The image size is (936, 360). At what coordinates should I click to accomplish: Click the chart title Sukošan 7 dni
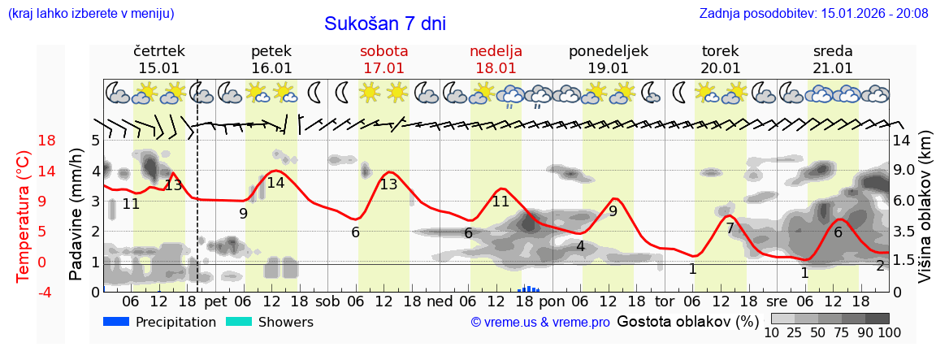coord(384,24)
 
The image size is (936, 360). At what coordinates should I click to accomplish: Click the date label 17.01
coord(383,68)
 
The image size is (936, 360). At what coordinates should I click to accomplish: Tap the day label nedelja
coord(496,51)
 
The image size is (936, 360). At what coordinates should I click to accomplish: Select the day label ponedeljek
coord(608,51)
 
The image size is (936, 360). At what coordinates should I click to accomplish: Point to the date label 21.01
coord(833,68)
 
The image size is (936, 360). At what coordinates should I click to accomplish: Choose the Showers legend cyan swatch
coord(239,322)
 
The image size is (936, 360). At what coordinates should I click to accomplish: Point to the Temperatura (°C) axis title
coord(23,216)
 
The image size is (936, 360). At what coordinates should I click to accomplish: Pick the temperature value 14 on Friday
coord(275,183)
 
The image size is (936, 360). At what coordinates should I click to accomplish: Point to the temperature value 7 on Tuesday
coord(730,228)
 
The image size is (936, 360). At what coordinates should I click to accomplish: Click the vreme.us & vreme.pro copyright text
coord(540,323)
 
